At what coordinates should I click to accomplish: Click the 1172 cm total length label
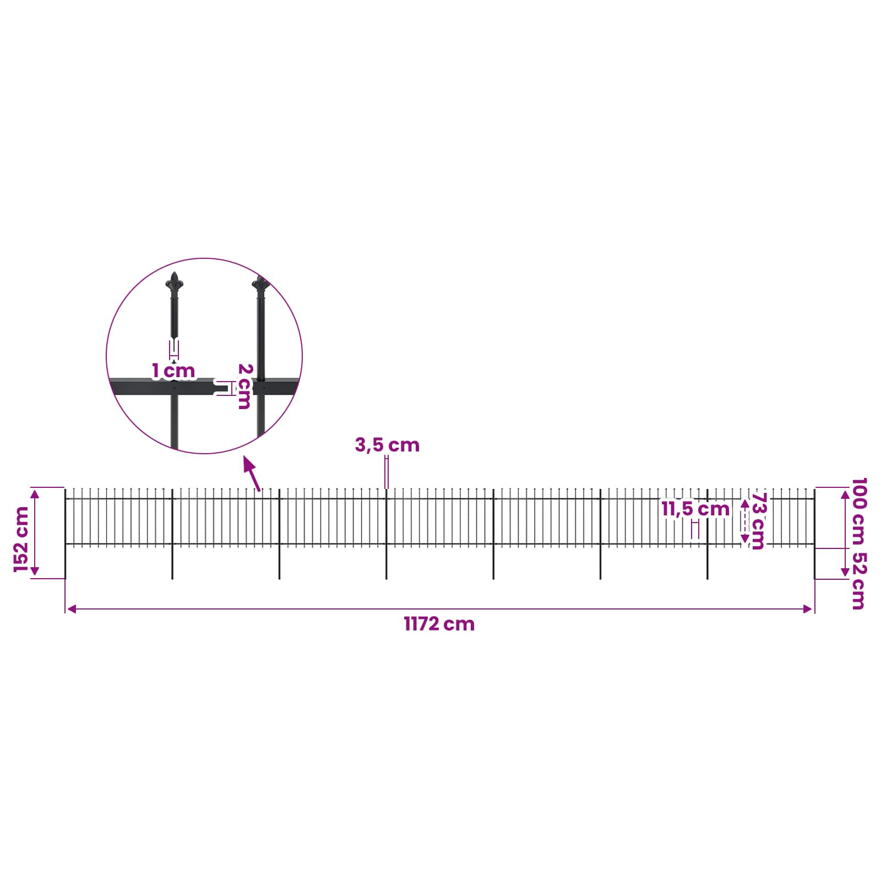439,624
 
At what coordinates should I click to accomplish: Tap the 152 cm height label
21,540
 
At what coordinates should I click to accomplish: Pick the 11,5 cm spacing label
695,509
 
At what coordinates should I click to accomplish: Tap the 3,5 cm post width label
387,445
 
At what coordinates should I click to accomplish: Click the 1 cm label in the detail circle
173,371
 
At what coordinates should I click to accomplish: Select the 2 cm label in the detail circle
244,386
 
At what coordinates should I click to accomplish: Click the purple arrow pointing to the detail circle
252,474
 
